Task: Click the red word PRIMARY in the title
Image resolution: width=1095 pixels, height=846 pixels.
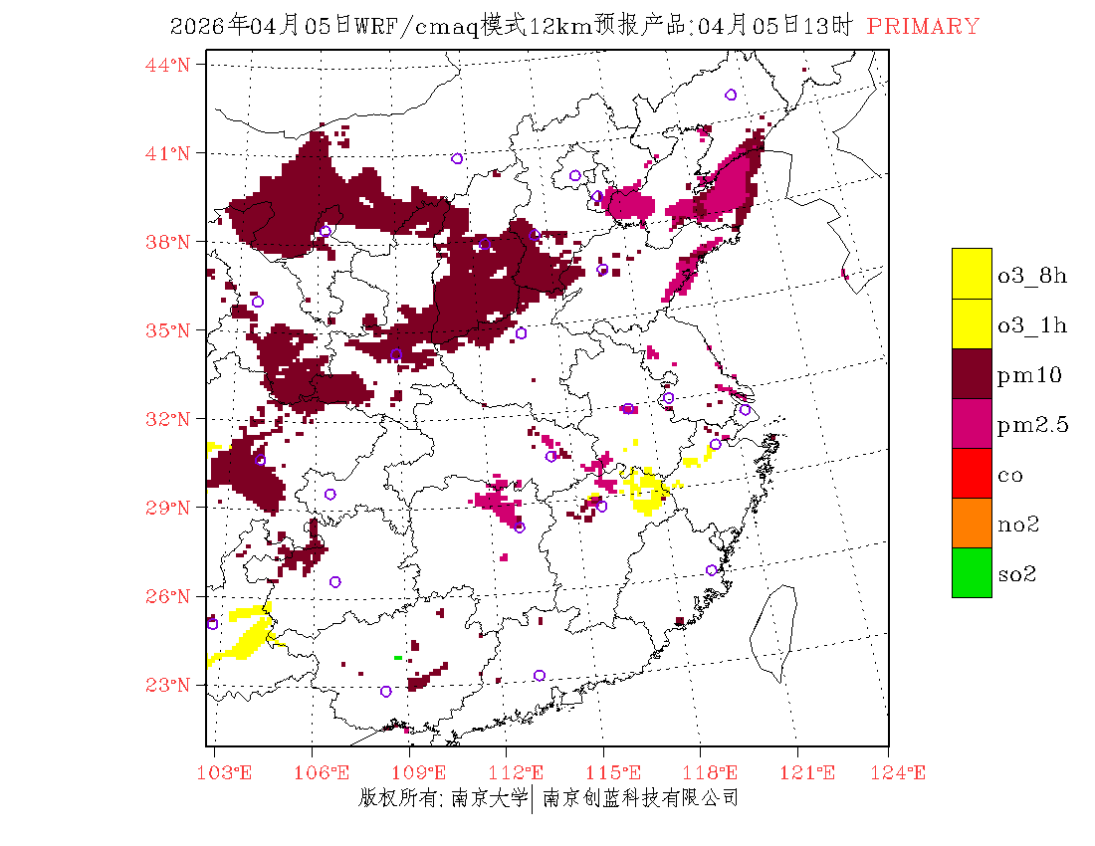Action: click(923, 27)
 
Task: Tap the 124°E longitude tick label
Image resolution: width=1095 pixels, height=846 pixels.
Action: click(904, 773)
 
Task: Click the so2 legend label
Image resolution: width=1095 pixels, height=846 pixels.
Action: click(1017, 574)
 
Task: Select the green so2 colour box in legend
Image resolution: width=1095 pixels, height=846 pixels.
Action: click(972, 572)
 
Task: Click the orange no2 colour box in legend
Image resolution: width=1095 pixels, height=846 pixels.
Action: click(972, 523)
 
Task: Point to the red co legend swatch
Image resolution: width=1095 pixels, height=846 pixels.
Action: click(972, 474)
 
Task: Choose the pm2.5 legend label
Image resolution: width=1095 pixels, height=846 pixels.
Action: click(1032, 425)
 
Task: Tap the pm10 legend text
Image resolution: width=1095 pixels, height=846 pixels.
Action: click(1028, 375)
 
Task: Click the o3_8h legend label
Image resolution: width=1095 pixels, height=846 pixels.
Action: click(1032, 276)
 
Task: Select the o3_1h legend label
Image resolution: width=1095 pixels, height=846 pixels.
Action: click(1032, 325)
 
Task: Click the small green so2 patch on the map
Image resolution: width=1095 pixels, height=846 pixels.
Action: click(397, 658)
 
